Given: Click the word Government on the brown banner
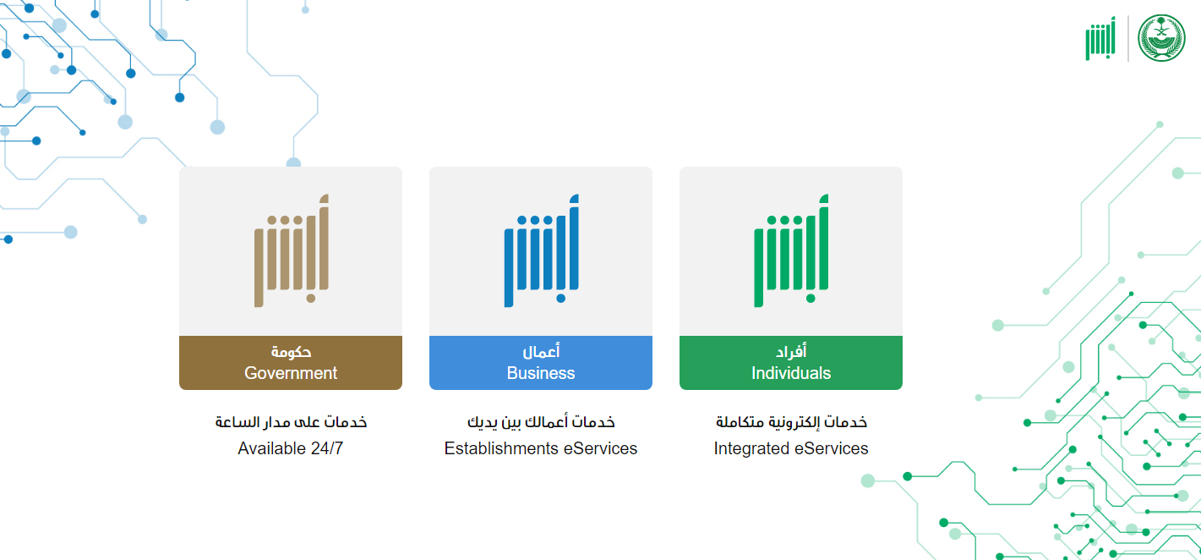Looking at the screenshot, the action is pos(291,373).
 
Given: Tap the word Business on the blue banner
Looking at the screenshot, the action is pos(540,373).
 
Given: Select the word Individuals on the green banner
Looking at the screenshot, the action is pos(791,373).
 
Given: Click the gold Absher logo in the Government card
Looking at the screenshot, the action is pos(291,250).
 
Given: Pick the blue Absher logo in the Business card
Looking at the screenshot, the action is pos(542,250).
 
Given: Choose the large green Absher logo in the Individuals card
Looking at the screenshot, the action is pos(791,250).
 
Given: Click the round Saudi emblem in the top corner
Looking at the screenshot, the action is pos(1161,38).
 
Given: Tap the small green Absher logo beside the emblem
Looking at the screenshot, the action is pos(1100,39).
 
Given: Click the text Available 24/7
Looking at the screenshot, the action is pos(291,447).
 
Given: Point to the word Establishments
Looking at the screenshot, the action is pos(501,447).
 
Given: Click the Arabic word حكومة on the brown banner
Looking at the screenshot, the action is pos(291,352).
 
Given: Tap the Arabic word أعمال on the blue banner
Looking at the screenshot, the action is pos(541,351).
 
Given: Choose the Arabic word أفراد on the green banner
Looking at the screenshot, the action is pos(791,351).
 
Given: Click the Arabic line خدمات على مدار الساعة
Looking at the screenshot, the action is pos(291,422).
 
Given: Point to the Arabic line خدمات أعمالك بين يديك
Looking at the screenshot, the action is pos(541,422).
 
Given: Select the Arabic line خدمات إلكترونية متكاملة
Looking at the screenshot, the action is pos(791,422).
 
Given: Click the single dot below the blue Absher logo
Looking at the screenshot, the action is pos(561,299).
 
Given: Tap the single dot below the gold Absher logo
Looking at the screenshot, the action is pos(311,299).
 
